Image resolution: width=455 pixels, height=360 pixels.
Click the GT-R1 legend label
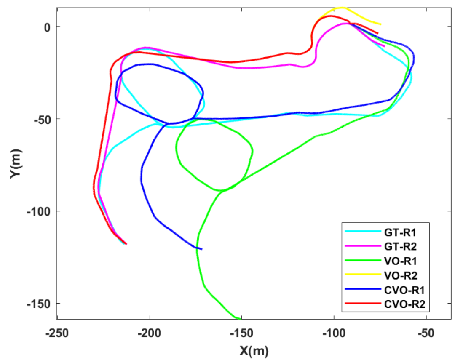click(398, 231)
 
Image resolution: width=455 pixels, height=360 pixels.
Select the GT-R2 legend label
click(398, 246)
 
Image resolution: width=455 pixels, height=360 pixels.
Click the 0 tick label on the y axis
click(47, 27)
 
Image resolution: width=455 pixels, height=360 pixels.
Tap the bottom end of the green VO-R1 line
click(240, 319)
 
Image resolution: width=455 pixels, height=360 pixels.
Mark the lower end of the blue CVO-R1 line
click(201, 249)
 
